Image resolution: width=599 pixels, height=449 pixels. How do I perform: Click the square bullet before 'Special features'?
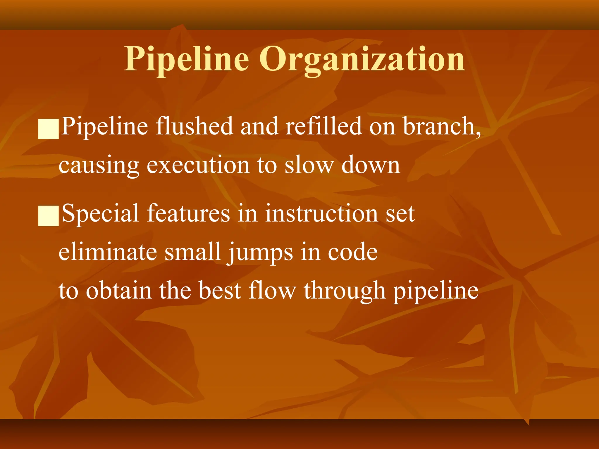tap(49, 216)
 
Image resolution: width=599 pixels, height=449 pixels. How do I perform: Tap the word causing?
tap(99, 165)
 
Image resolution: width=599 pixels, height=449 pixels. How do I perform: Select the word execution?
tap(198, 165)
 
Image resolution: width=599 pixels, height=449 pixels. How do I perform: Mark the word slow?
tap(309, 165)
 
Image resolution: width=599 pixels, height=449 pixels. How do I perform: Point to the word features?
tap(188, 213)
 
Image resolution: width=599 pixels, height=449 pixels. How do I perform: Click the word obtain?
tap(119, 291)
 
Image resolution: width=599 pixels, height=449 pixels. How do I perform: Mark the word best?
tap(220, 291)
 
